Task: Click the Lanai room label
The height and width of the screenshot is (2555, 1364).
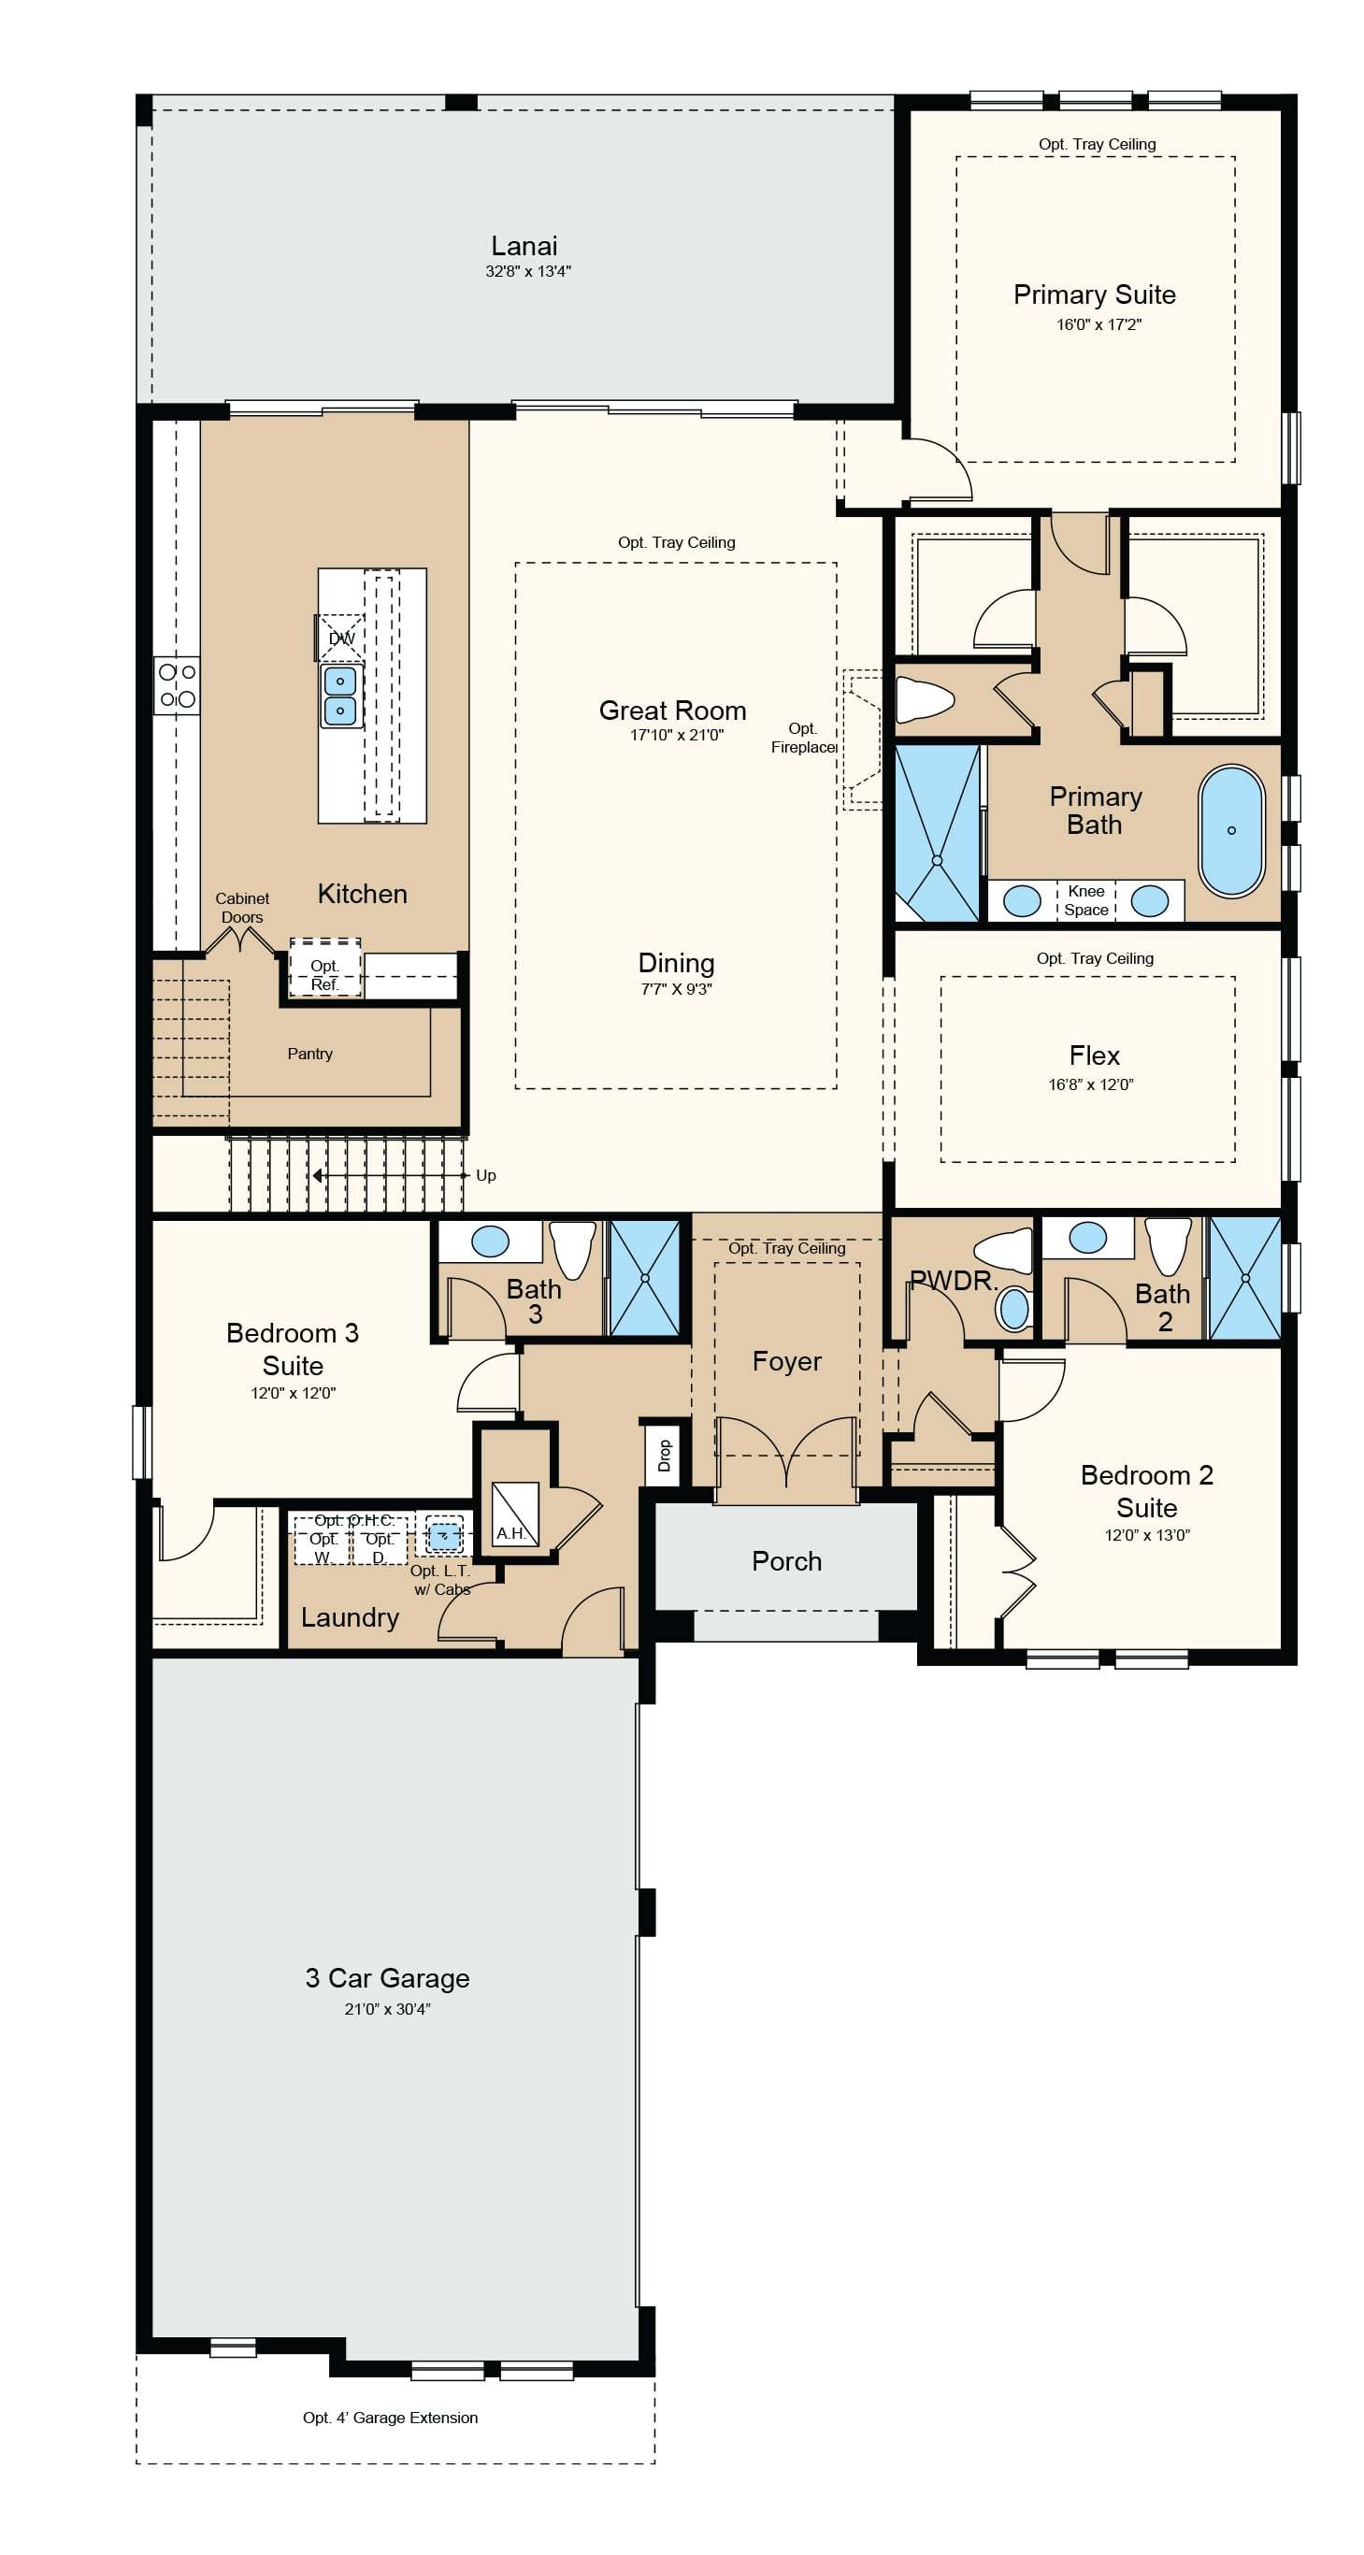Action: click(524, 246)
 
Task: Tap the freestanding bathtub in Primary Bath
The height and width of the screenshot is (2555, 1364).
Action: click(1231, 831)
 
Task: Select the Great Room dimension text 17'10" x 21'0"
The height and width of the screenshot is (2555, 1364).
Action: click(677, 735)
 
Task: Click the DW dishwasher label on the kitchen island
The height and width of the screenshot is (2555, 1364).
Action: click(341, 638)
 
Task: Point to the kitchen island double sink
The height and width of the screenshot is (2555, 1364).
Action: click(340, 696)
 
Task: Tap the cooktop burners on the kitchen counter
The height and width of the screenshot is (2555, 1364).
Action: click(178, 685)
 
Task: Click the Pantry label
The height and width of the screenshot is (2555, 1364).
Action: click(309, 1054)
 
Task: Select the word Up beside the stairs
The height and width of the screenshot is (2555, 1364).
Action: click(485, 1175)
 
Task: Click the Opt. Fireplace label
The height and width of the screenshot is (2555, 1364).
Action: click(803, 738)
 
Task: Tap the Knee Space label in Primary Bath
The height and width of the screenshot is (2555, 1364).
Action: click(1086, 900)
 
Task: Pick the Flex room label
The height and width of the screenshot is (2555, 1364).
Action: click(1094, 1055)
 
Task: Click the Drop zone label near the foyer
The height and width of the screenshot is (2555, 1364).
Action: click(665, 1456)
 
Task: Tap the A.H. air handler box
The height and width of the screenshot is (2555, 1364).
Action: click(515, 1514)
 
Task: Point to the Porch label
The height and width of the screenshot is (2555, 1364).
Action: click(786, 1561)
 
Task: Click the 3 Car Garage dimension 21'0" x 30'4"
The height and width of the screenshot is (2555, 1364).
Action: click(387, 2009)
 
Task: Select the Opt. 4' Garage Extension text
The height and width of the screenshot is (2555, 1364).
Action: click(390, 2419)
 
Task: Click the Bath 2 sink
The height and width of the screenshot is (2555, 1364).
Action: click(1087, 1237)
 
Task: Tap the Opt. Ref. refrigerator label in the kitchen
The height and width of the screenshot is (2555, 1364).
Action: click(324, 975)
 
